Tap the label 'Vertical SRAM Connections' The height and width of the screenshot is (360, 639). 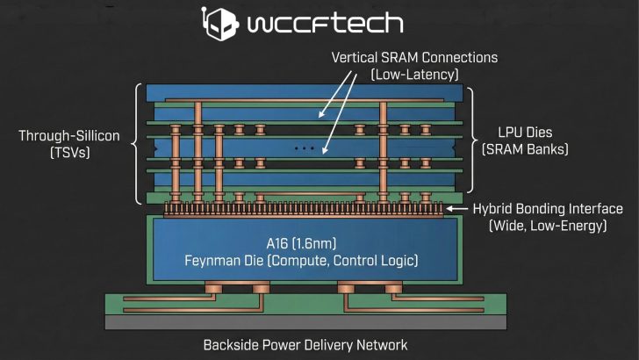pos(414,57)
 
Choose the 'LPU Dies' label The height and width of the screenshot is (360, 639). pos(524,134)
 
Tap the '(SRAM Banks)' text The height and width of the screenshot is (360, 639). pos(524,151)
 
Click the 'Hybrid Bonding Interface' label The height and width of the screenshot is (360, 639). pos(548,209)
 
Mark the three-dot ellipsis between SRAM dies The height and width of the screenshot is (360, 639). pos(304,148)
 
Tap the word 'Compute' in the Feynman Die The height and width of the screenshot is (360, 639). pos(303,260)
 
